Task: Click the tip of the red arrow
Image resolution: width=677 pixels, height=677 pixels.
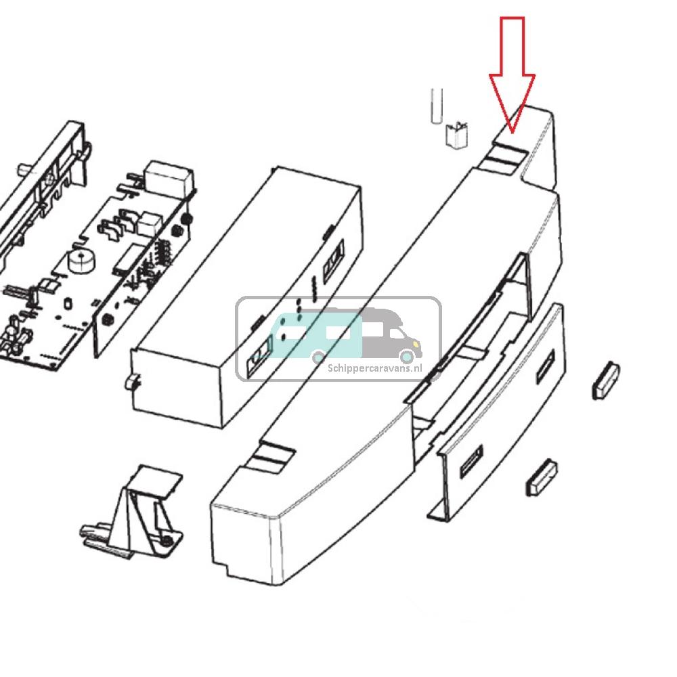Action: (x=512, y=131)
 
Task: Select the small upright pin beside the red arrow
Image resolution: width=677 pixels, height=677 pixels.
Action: (x=436, y=106)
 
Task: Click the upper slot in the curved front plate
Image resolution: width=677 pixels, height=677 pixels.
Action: (x=545, y=363)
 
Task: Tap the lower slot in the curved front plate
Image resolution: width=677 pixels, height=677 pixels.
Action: (x=471, y=466)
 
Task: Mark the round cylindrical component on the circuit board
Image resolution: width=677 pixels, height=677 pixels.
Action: (x=81, y=261)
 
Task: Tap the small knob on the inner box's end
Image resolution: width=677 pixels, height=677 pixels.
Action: (x=129, y=383)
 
